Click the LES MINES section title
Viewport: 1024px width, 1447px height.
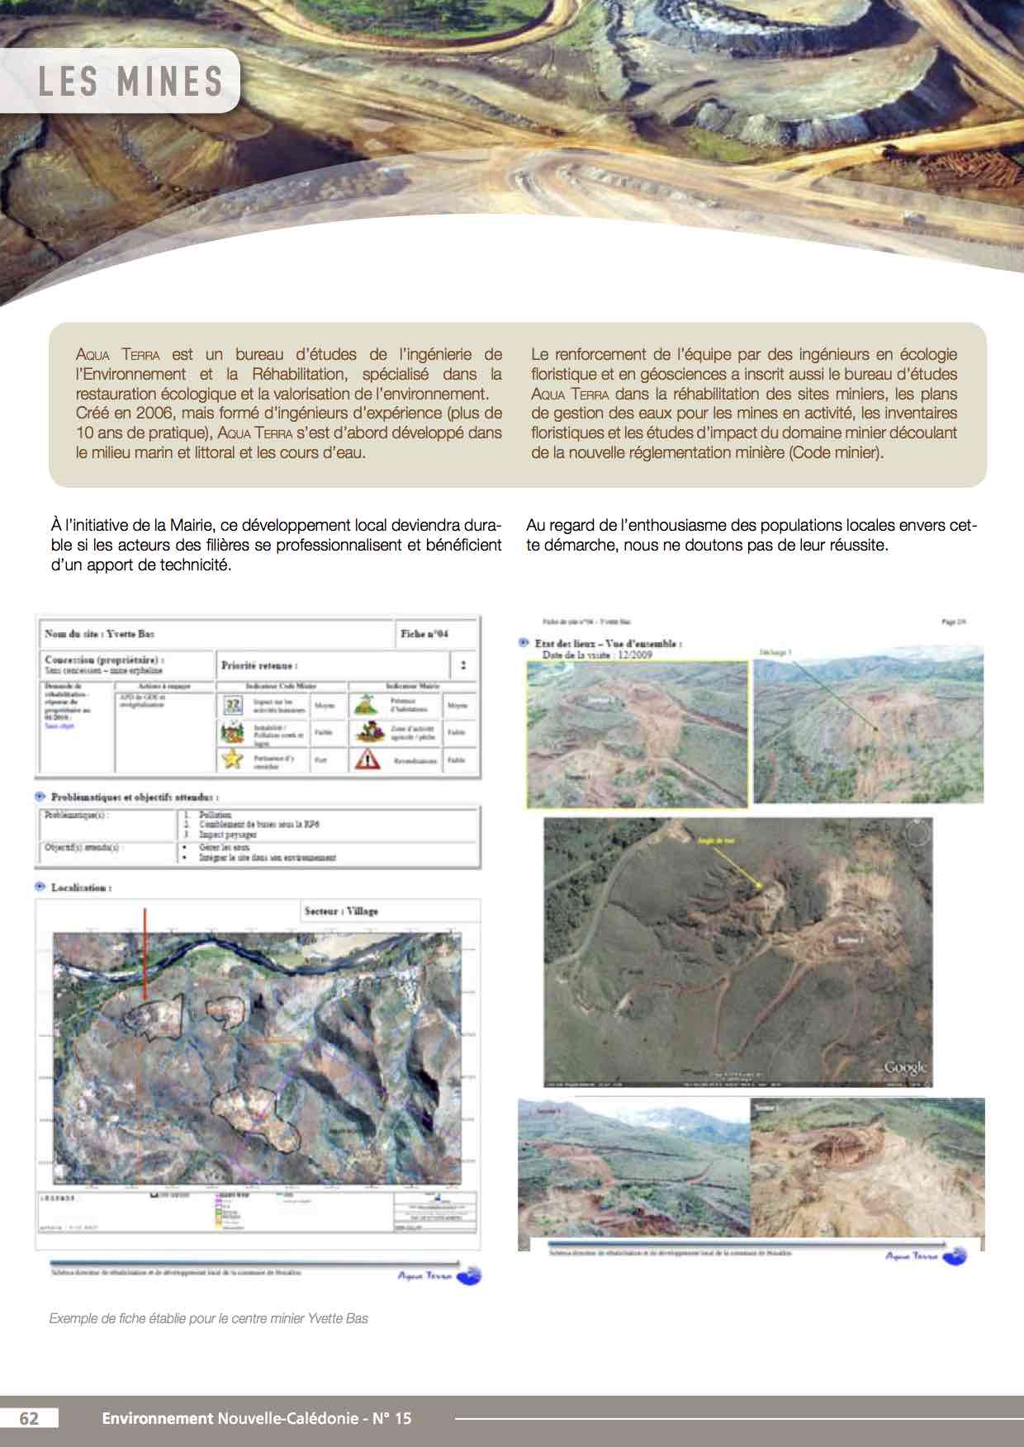[130, 82]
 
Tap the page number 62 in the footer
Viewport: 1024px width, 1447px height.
[29, 1418]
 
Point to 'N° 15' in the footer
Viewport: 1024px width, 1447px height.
[391, 1418]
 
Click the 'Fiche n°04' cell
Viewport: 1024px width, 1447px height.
[424, 634]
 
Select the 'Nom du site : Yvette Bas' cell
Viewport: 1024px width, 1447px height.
[100, 634]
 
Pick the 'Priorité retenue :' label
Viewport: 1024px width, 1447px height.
[259, 665]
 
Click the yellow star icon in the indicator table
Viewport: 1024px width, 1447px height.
[232, 759]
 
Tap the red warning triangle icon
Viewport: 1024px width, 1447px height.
[367, 759]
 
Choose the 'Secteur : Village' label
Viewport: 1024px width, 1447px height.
[341, 911]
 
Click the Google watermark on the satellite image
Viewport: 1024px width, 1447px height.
[905, 1067]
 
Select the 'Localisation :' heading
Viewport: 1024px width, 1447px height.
[81, 888]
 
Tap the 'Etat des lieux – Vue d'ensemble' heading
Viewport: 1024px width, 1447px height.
[608, 643]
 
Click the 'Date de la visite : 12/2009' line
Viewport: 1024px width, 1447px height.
[597, 655]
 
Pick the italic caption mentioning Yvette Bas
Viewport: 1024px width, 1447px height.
[209, 1318]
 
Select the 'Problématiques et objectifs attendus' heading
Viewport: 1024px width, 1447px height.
[134, 797]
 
